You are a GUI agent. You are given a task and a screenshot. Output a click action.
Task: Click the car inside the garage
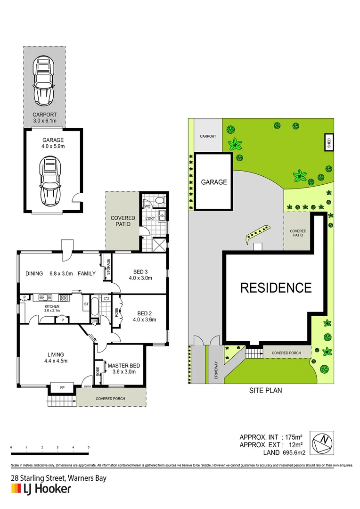[x=50, y=178]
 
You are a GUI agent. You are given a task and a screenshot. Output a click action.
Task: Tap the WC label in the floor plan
[x=147, y=206]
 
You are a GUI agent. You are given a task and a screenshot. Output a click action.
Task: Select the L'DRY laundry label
[x=150, y=218]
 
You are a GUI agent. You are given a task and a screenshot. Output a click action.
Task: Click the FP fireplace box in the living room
[x=62, y=388]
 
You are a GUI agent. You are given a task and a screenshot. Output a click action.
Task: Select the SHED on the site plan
[x=329, y=143]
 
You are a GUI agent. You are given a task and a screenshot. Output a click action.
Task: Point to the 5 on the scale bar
[x=89, y=447]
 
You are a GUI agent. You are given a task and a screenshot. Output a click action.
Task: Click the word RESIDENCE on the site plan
[x=276, y=287]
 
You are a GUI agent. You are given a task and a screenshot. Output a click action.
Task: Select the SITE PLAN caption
[x=266, y=391]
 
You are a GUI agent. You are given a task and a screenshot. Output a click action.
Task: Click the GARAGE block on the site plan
[x=214, y=182]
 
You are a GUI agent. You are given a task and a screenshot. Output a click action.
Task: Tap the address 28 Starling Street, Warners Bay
[x=58, y=478]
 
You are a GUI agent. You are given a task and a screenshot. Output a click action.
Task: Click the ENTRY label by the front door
[x=87, y=386]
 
